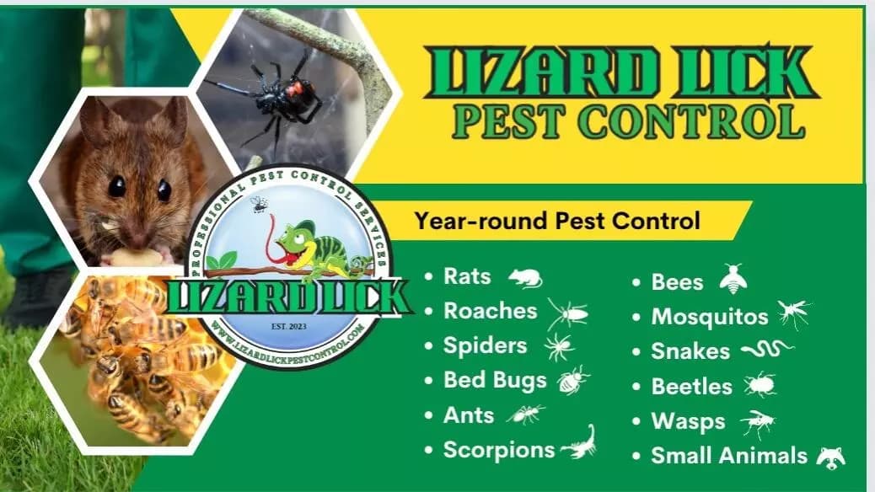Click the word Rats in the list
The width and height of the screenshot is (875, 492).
tap(467, 276)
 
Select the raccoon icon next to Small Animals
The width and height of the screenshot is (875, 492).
tap(831, 457)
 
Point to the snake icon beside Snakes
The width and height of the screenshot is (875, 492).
tap(767, 350)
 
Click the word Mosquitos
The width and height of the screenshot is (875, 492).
tap(710, 317)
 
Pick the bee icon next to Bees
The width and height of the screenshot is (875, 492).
tap(733, 279)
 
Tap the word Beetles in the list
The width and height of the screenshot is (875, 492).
tap(691, 386)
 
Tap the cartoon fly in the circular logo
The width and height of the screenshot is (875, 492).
tap(259, 204)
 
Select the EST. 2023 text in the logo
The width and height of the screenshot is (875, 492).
tap(288, 326)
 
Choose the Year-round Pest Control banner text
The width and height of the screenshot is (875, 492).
tap(557, 221)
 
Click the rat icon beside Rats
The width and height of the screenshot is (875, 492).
tap(525, 277)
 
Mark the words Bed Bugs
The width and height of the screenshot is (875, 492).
tap(495, 381)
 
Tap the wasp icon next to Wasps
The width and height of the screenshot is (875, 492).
tap(758, 423)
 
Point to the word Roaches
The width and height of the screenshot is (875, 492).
tap(490, 311)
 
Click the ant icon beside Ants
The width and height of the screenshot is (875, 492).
tap(525, 414)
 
